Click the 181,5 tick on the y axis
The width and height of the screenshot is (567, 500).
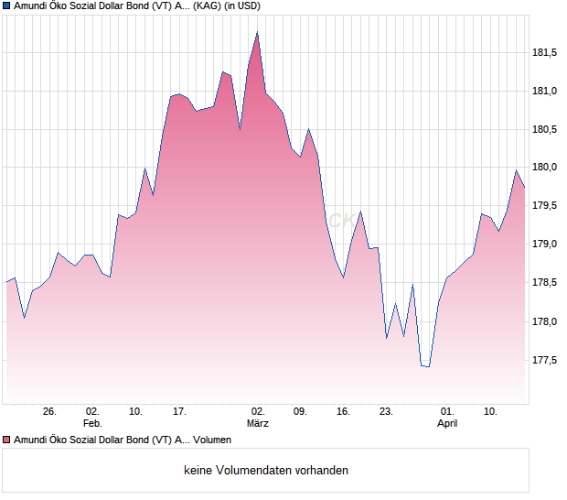[x=547, y=52]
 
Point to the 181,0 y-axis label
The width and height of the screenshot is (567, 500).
[x=547, y=91]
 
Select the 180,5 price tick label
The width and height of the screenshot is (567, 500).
[x=547, y=129]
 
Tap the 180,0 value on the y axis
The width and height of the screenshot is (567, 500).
[x=547, y=168]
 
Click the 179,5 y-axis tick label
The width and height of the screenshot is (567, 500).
[x=547, y=206]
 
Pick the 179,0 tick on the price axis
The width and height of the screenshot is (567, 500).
[x=547, y=245]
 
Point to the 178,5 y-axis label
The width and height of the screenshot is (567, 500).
[x=547, y=283]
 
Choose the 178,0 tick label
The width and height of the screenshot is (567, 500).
[x=547, y=321]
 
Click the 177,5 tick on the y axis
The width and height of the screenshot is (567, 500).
[x=547, y=360]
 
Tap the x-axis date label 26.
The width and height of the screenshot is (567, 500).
[x=49, y=412]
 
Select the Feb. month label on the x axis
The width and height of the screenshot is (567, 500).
[x=92, y=424]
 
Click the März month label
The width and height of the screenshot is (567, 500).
[x=258, y=424]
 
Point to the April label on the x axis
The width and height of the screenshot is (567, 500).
[x=447, y=424]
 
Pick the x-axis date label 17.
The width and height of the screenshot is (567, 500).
[x=179, y=412]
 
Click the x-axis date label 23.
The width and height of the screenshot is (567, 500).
[x=387, y=412]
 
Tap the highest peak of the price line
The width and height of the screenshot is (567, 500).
[x=258, y=32]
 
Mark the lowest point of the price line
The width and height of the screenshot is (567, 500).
[x=428, y=367]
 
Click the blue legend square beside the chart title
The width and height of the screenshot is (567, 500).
[x=6, y=6]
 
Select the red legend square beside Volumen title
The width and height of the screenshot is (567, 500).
[x=6, y=440]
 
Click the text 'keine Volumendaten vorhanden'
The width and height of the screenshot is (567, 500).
[x=266, y=471]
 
